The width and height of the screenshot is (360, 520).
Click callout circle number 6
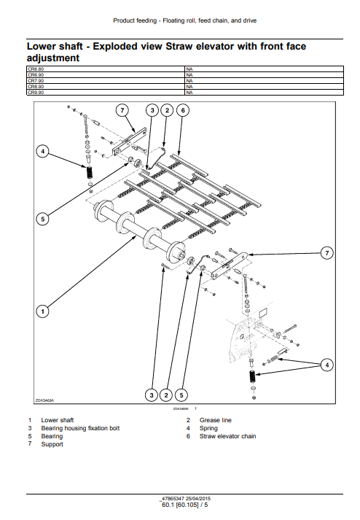pyautogui.click(x=182, y=110)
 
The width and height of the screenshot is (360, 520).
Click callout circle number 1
pyautogui.click(x=43, y=311)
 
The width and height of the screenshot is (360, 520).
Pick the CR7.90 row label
pyautogui.click(x=36, y=81)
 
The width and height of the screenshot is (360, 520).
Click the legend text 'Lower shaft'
pyautogui.click(x=58, y=420)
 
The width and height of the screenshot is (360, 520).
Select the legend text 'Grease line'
pyautogui.click(x=216, y=420)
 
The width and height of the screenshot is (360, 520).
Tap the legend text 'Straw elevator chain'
pyautogui.click(x=227, y=436)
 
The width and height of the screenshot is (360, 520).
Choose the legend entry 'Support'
pyautogui.click(x=52, y=444)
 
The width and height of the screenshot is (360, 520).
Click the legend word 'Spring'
pyautogui.click(x=208, y=428)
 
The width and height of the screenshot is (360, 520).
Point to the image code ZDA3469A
pyautogui.click(x=44, y=400)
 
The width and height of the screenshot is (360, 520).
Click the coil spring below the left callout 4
pyautogui.click(x=89, y=174)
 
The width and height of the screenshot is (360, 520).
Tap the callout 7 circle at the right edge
pyautogui.click(x=327, y=252)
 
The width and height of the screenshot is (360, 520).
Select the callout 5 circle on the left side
pyautogui.click(x=43, y=218)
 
